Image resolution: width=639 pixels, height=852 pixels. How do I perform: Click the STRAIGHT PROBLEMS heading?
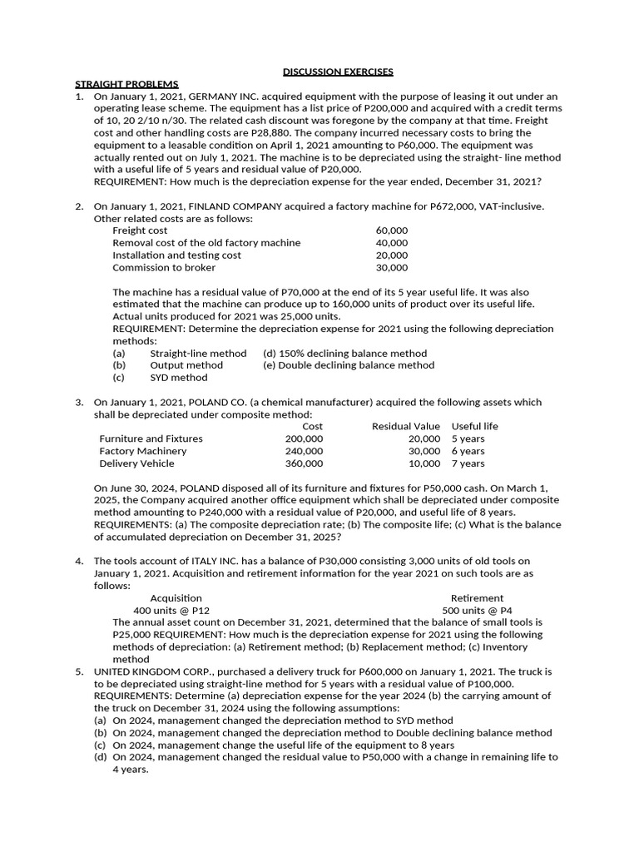click(126, 84)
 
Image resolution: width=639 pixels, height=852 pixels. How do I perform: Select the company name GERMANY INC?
click(223, 97)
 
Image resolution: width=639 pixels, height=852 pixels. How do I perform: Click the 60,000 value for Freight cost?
click(392, 230)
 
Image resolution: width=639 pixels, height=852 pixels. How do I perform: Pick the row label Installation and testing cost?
click(176, 255)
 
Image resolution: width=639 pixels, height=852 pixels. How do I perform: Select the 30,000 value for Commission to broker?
click(392, 268)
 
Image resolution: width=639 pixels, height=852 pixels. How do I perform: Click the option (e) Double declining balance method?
click(349, 365)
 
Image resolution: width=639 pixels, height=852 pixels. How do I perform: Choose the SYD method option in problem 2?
click(179, 378)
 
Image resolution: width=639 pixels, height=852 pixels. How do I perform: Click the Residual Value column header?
click(405, 427)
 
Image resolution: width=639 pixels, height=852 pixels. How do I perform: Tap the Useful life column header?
click(475, 427)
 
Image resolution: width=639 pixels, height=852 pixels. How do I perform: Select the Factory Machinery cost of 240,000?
click(304, 451)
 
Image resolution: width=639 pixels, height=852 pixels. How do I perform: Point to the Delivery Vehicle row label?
click(136, 463)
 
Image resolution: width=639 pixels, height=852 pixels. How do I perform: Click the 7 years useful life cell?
click(468, 463)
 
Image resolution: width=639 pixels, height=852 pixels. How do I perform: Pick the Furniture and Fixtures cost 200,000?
click(304, 438)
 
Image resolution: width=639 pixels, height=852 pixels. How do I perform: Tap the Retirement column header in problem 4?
click(477, 598)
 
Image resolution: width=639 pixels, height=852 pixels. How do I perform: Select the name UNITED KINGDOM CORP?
click(144, 671)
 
